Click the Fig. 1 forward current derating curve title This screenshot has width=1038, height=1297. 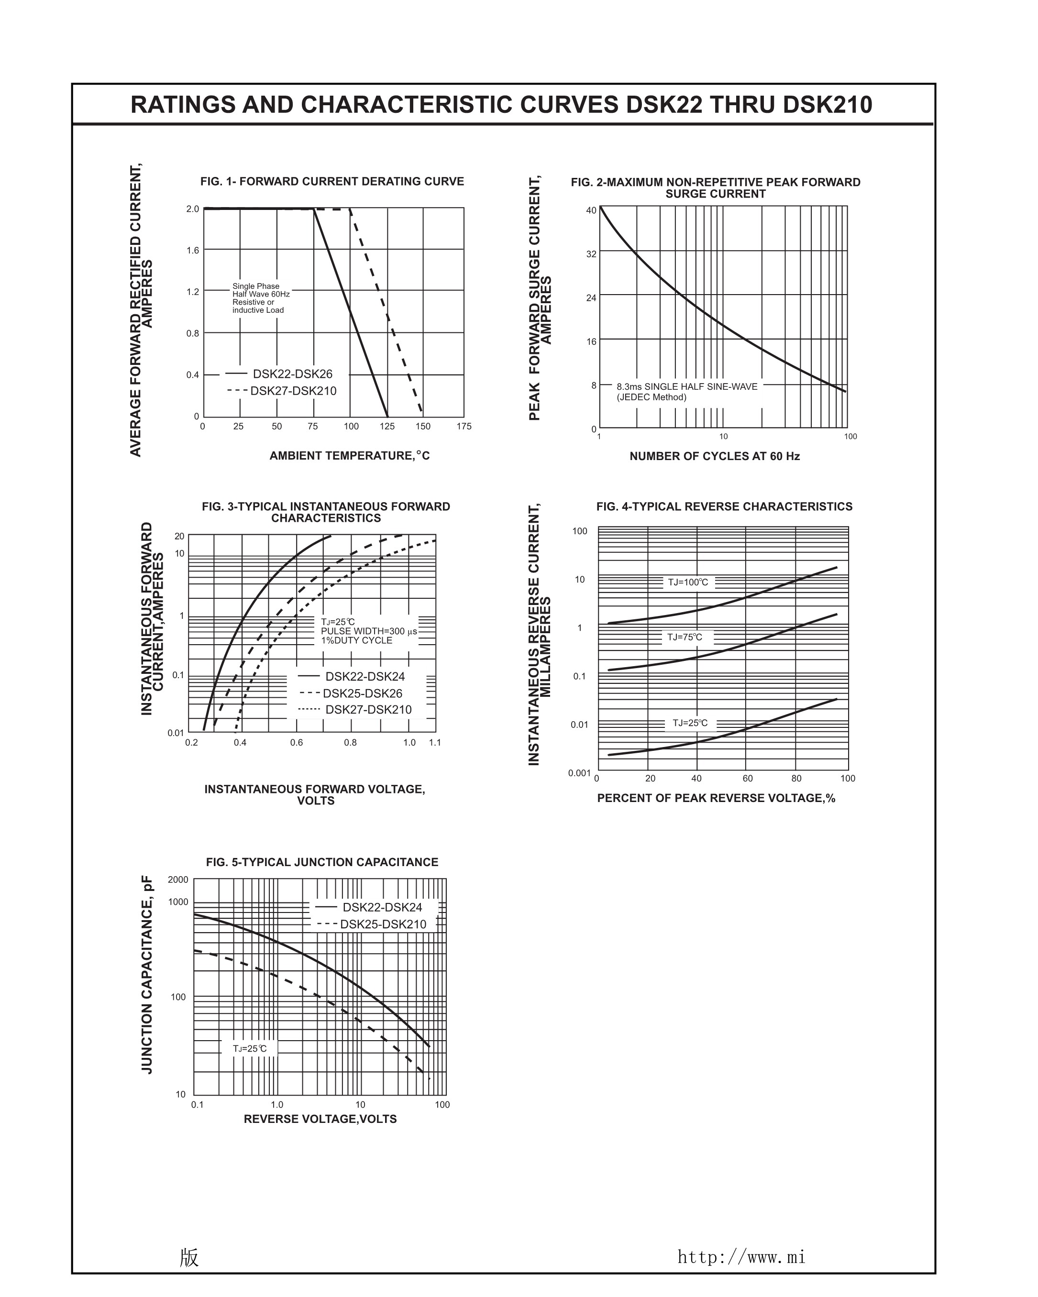pyautogui.click(x=332, y=182)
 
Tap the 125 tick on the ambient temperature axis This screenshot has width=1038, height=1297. pyautogui.click(x=387, y=427)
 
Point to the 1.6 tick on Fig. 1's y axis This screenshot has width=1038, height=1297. pyautogui.click(x=193, y=250)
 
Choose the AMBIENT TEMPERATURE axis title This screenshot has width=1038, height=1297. pyautogui.click(x=349, y=456)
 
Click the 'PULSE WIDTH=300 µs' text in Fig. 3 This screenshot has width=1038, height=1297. pyautogui.click(x=368, y=631)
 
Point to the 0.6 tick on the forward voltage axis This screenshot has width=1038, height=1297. pyautogui.click(x=297, y=743)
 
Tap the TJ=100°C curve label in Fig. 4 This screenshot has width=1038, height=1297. pyautogui.click(x=688, y=583)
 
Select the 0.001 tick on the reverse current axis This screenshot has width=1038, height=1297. pyautogui.click(x=579, y=773)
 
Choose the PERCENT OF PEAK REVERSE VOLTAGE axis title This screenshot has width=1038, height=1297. pyautogui.click(x=716, y=798)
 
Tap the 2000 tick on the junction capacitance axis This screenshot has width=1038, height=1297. pyautogui.click(x=178, y=879)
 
